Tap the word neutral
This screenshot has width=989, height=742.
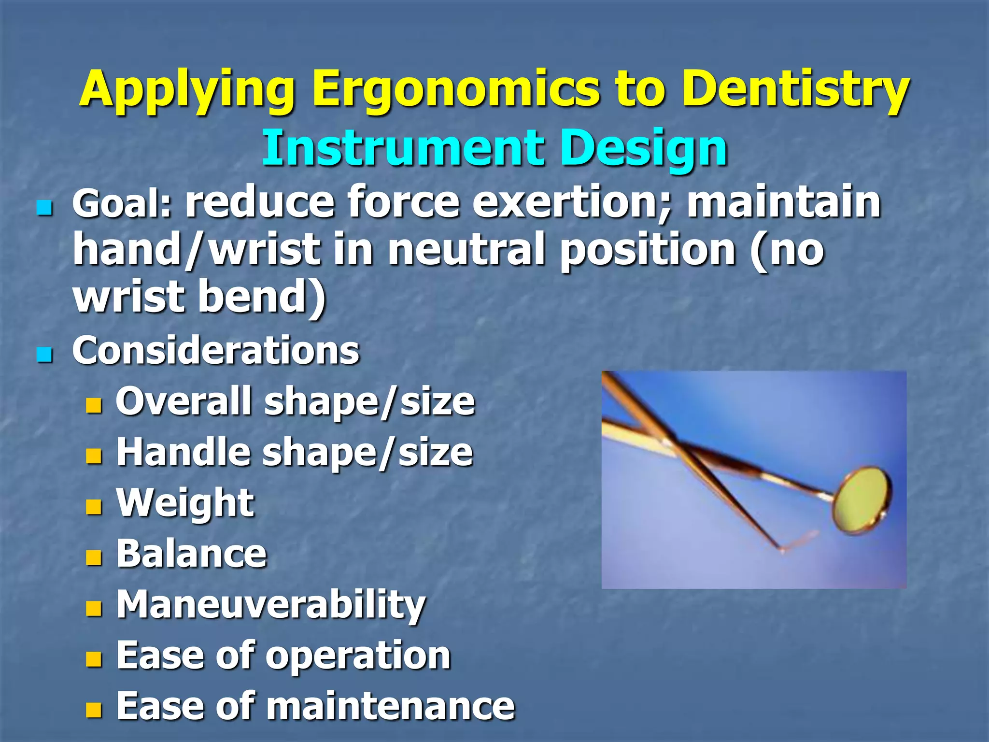click(466, 250)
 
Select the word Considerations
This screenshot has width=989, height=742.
click(216, 350)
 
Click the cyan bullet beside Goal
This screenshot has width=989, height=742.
click(44, 209)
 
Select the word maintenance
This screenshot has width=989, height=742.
click(391, 706)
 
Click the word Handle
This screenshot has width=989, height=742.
click(183, 453)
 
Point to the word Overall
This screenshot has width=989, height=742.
click(184, 401)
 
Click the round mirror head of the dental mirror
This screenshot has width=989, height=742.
click(862, 499)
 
